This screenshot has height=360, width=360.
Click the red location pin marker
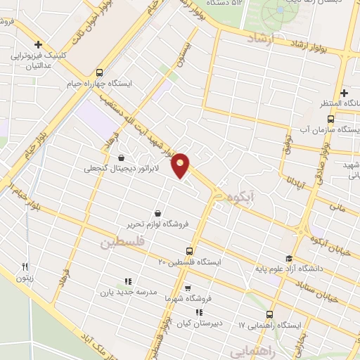coord(181,165)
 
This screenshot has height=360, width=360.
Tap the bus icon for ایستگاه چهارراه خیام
coord(99,72)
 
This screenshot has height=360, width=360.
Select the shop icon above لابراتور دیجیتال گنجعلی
coord(122,157)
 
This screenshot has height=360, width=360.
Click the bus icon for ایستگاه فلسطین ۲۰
coord(189,250)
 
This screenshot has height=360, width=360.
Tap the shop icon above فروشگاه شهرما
coord(188,287)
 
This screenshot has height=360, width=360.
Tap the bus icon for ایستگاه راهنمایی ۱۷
coord(269,314)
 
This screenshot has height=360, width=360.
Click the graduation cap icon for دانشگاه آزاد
coord(288,258)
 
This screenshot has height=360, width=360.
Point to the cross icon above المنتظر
coord(344,93)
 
